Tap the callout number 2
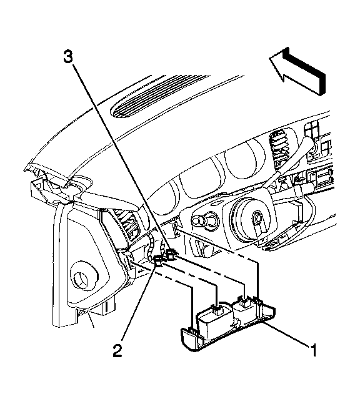click(117, 350)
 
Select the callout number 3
click(68, 56)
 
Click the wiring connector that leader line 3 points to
click(171, 254)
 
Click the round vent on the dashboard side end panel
click(85, 278)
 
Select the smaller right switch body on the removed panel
click(244, 311)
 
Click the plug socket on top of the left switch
click(219, 308)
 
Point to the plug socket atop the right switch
click(244, 301)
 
